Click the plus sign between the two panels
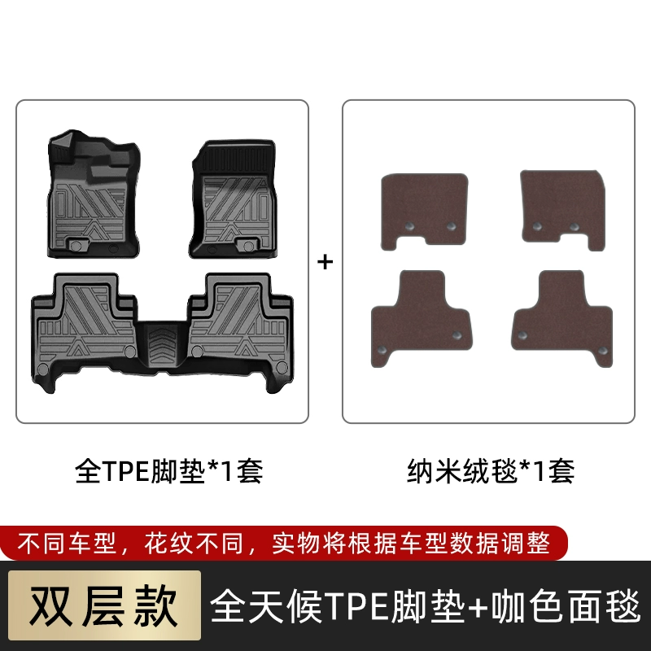point(325,262)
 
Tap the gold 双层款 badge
point(104,605)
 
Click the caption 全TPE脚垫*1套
point(169,471)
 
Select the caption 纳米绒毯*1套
point(491,471)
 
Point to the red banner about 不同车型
point(283,543)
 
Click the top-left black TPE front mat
point(94,194)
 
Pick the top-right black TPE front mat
point(233,199)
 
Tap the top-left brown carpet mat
point(424,211)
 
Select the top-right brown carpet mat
point(562,210)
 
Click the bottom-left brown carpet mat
point(421,317)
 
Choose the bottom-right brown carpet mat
point(562,317)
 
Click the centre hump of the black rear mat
point(163,345)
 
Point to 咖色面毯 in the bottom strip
point(566,606)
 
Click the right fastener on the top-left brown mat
point(452,226)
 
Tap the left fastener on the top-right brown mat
point(537,227)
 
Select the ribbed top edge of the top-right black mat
point(238,158)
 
